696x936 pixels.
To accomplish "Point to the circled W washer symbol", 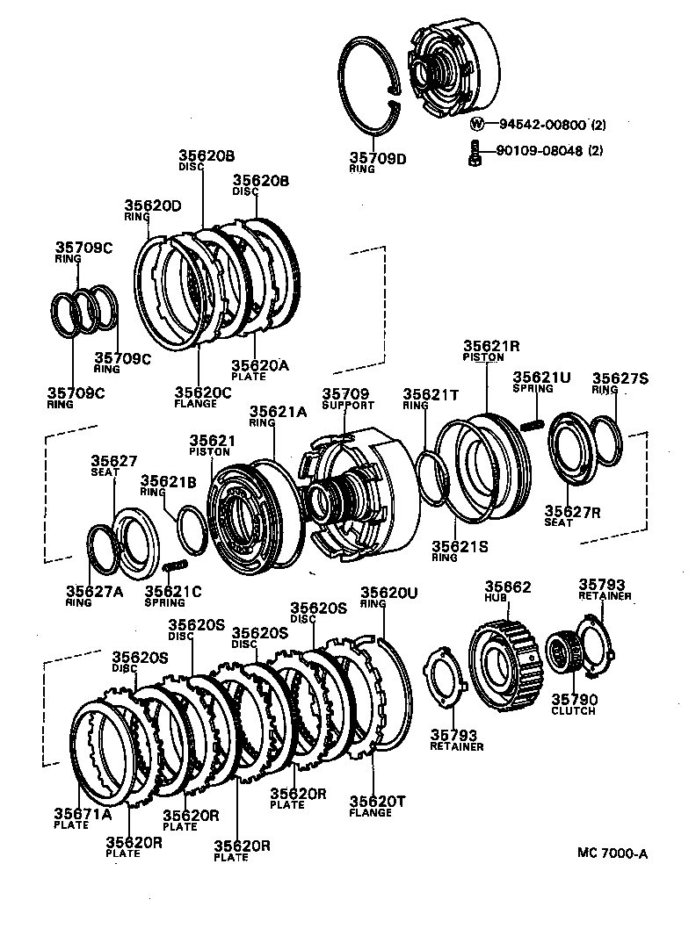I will [477, 125].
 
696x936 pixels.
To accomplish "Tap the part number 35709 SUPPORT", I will [348, 394].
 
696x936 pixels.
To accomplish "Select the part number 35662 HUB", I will [508, 587].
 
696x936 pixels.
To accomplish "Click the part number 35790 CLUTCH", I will [574, 700].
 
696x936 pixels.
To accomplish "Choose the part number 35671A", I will [83, 813].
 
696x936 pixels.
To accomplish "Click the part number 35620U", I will [390, 593].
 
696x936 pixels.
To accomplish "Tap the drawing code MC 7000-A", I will [613, 853].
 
